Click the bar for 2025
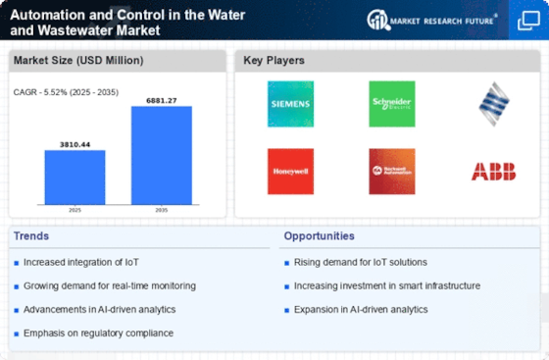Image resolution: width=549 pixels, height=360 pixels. pyautogui.click(x=75, y=177)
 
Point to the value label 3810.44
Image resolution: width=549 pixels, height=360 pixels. pyautogui.click(x=75, y=143)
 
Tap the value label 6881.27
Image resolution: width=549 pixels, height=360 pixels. pyautogui.click(x=162, y=99)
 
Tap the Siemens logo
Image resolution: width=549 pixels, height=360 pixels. pyautogui.click(x=290, y=103)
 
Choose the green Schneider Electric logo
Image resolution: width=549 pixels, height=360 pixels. pyautogui.click(x=391, y=103)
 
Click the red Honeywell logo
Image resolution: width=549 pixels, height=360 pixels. pyautogui.click(x=290, y=171)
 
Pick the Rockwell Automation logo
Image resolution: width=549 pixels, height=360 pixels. pyautogui.click(x=391, y=171)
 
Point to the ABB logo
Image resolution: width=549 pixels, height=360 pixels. pyautogui.click(x=493, y=172)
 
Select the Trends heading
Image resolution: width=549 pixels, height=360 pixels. pyautogui.click(x=31, y=235)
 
